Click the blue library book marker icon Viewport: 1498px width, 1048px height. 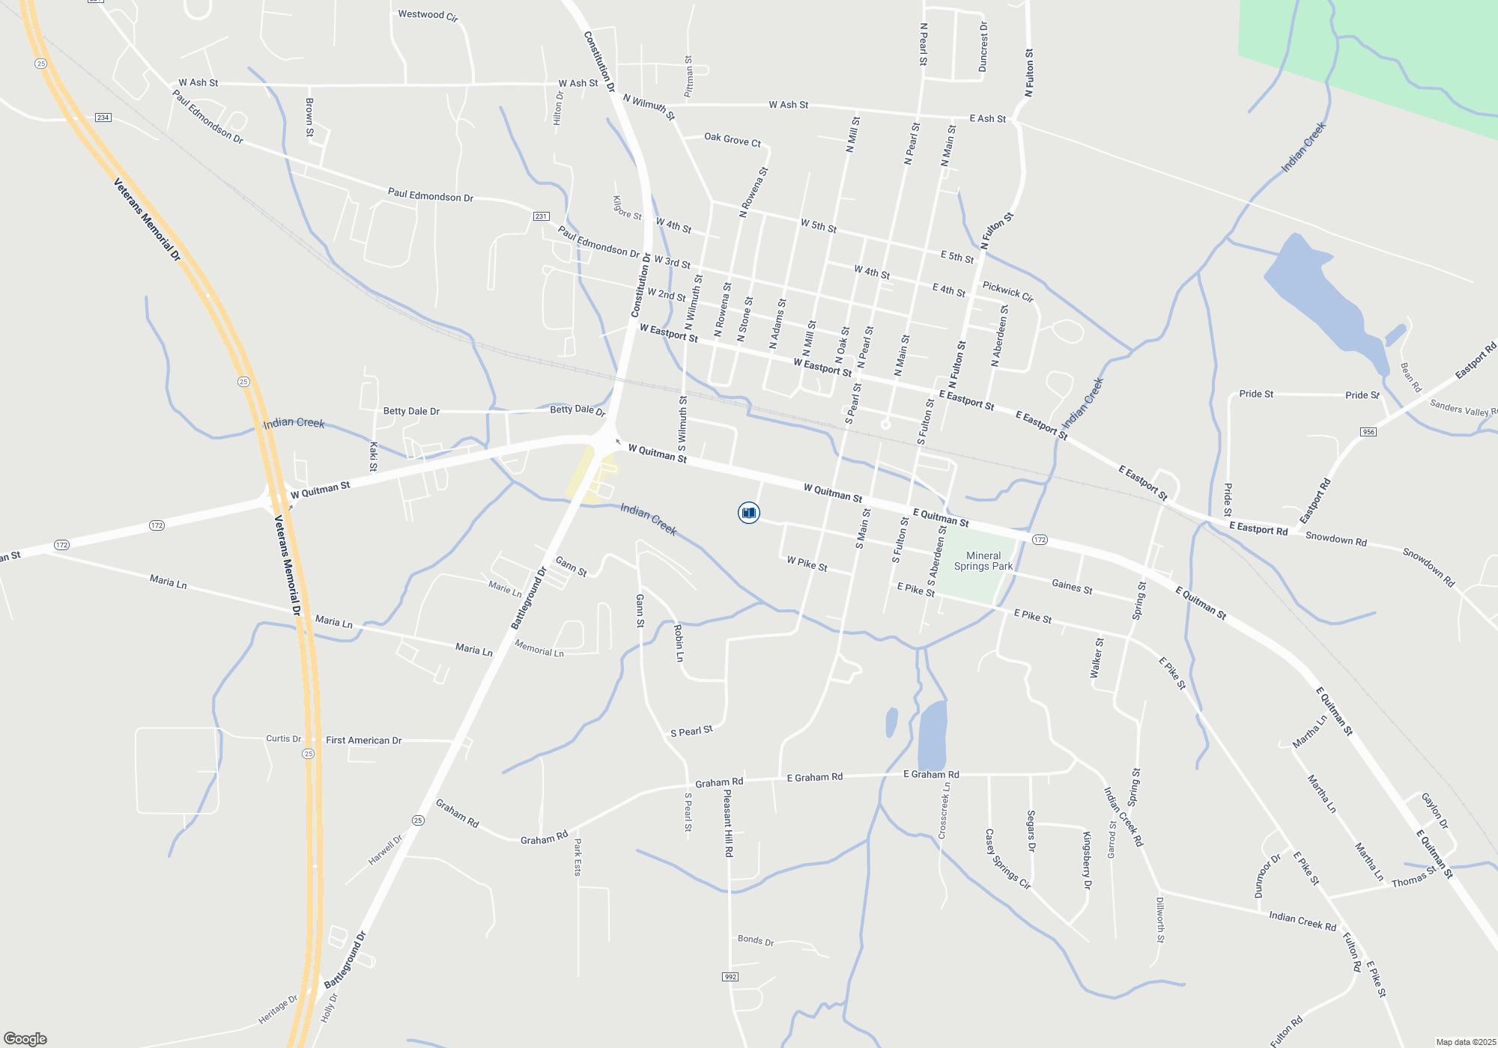748,513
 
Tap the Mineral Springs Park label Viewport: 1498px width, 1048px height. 983,561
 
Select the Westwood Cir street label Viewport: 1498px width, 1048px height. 428,15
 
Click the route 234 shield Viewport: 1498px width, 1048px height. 103,118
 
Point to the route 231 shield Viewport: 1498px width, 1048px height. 541,216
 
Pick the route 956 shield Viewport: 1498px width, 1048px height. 1368,432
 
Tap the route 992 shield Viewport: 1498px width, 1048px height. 730,977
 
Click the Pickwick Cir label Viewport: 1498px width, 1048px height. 1007,292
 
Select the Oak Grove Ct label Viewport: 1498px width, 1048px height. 732,140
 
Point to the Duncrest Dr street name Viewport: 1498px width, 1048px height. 983,47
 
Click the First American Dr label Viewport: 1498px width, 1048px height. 363,740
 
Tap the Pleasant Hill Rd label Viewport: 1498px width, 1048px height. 728,823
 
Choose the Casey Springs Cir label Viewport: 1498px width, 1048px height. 1007,859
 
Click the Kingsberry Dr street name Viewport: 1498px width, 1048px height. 1087,859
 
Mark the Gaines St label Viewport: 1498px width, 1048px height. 1072,587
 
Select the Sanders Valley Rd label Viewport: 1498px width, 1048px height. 1463,408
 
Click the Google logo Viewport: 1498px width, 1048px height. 25,1038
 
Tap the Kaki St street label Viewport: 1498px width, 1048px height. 373,457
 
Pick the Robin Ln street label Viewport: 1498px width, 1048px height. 679,643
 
